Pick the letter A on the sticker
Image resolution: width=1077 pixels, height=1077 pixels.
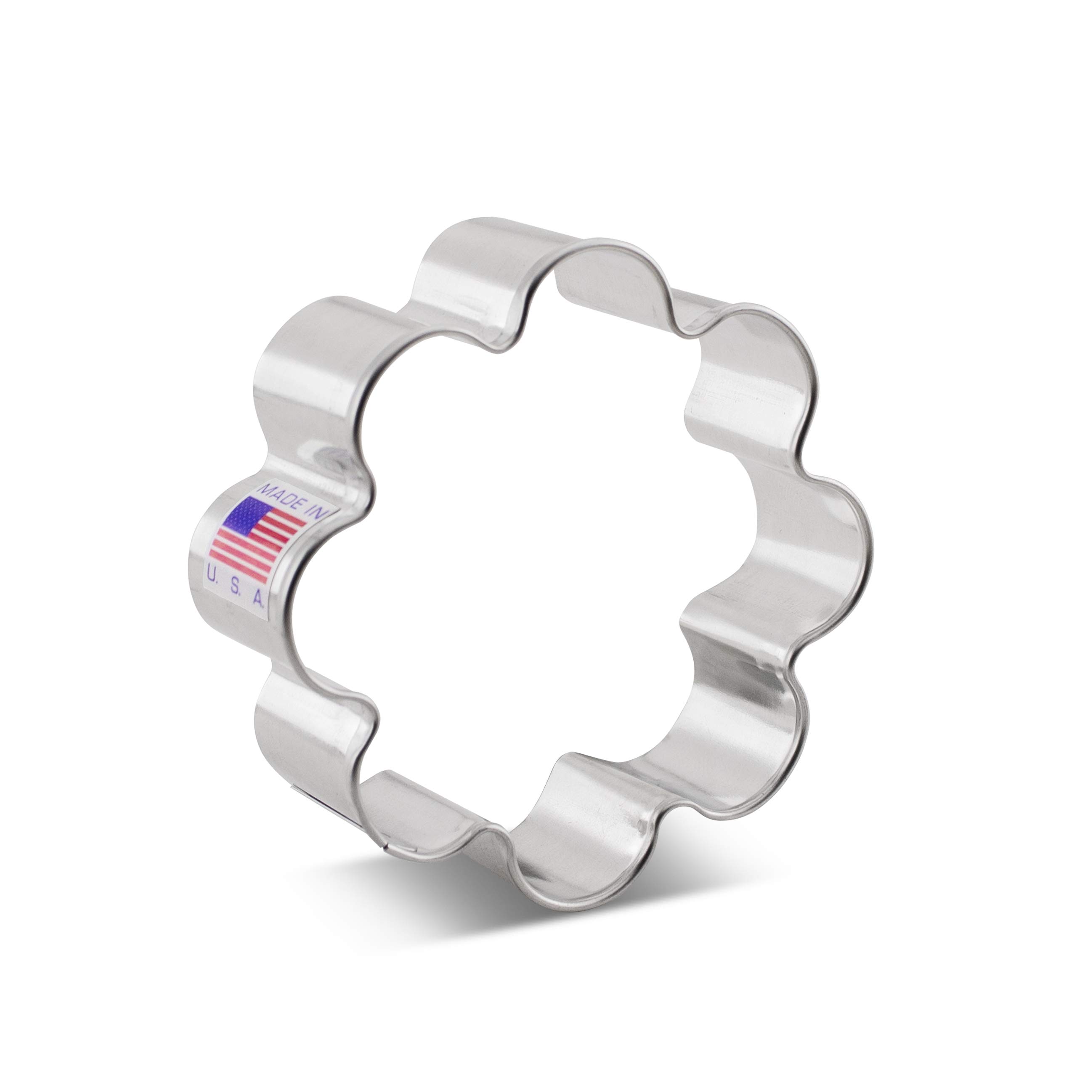pyautogui.click(x=259, y=599)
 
